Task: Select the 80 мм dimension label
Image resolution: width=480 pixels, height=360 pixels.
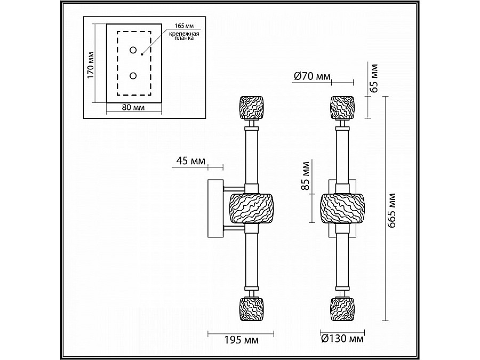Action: point(133,107)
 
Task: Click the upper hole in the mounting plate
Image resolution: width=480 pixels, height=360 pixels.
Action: point(132,51)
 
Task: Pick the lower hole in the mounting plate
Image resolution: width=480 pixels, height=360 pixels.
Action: point(132,76)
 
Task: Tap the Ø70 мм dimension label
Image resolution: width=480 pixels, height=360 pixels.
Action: point(312,77)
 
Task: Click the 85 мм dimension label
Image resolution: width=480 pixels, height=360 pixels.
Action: point(306,176)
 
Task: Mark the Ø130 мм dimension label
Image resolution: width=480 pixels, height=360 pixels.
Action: point(343,338)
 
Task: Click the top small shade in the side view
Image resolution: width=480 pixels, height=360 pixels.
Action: point(252,108)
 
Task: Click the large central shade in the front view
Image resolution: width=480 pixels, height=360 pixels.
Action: point(343,209)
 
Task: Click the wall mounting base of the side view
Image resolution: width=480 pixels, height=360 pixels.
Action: point(215,210)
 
